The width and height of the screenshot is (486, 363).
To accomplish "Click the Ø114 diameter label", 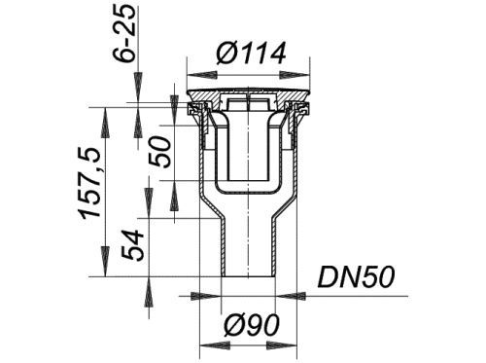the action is [x=251, y=54].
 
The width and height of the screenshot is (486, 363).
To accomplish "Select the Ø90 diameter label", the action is [x=251, y=325].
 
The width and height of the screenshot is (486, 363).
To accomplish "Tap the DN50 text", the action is [x=356, y=277].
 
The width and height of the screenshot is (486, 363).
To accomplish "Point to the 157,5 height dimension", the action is [x=91, y=182].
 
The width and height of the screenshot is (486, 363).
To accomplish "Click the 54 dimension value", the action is [x=132, y=245].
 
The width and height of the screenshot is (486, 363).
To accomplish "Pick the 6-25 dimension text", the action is [x=124, y=32].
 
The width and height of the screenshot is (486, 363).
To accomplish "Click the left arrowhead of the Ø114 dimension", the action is [x=202, y=75].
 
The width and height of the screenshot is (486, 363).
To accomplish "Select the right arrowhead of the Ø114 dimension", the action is [x=295, y=75].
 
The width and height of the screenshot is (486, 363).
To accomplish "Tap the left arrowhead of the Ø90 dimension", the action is [x=214, y=345].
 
